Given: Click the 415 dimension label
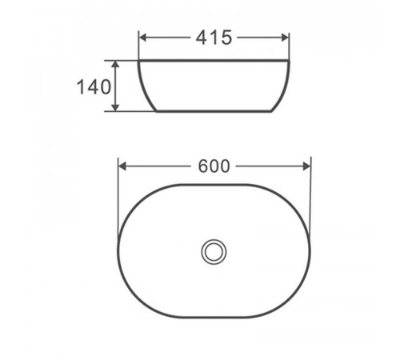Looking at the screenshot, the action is coord(214,38).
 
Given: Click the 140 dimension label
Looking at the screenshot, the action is coord(94,86).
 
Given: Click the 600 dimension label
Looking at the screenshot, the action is coord(214,166).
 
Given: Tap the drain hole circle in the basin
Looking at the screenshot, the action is coord(214,252).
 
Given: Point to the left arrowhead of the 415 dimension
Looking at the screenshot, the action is coord(143,38).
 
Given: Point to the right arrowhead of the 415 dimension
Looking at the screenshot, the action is coord(285,38).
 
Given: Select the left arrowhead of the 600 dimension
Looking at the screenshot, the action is coord(122,166).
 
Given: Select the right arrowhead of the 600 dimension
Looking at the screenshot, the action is coord(306,166).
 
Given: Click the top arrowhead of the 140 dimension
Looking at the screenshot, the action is coord(115,64).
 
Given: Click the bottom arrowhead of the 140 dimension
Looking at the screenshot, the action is coord(115,107).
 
